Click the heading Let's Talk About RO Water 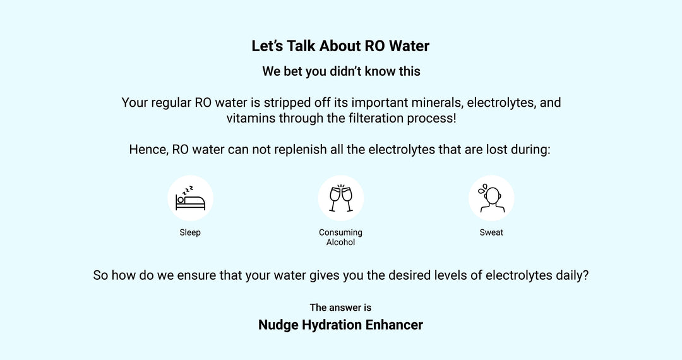tap(340, 46)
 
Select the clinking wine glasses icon tap(341, 198)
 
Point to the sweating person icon tap(491, 198)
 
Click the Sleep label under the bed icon tap(190, 232)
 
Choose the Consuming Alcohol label tap(341, 237)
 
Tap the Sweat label tap(491, 232)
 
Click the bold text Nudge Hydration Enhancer tap(340, 325)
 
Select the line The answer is tap(340, 308)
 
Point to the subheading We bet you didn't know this tap(341, 71)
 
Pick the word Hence tap(147, 150)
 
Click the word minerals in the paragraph tap(433, 102)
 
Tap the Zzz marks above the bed tap(187, 188)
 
